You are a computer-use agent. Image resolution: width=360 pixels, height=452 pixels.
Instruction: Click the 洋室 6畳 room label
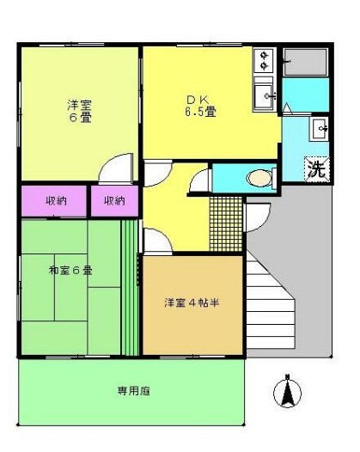pyautogui.click(x=81, y=111)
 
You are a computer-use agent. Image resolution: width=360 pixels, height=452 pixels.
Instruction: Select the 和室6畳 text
pyautogui.click(x=71, y=271)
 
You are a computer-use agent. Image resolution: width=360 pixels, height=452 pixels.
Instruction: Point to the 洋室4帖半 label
pyautogui.click(x=192, y=302)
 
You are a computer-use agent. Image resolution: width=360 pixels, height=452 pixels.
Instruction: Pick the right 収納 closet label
pyautogui.click(x=114, y=200)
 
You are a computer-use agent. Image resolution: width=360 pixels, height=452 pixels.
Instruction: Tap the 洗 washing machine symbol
pyautogui.click(x=316, y=169)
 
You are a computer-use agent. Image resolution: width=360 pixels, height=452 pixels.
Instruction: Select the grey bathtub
pyautogui.click(x=306, y=63)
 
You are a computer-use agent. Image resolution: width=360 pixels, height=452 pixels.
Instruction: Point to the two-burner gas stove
pyautogui.click(x=264, y=60)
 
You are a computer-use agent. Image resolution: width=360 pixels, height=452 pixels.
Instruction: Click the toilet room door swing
pyautogui.click(x=201, y=180)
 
